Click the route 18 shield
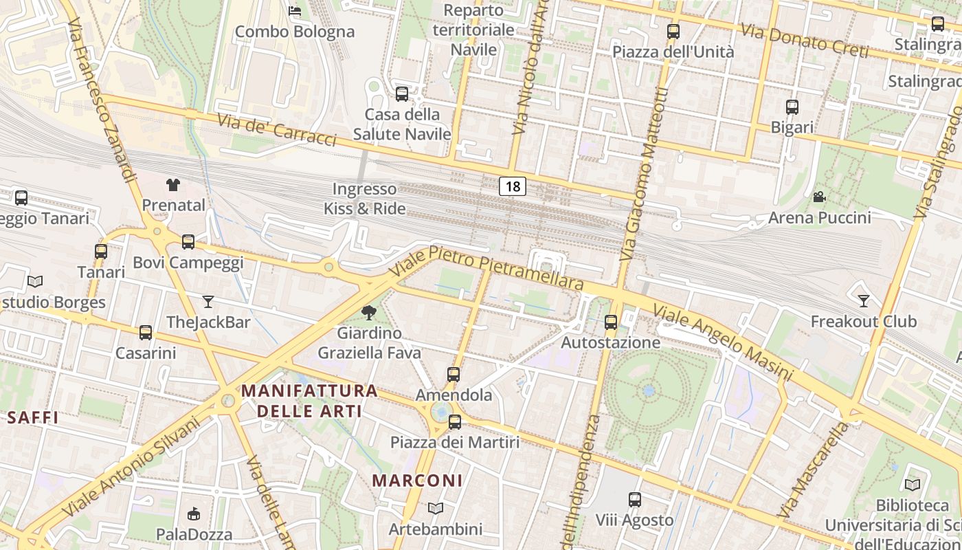pos(513,186)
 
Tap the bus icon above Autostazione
pos(610,322)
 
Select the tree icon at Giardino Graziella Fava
pos(369,313)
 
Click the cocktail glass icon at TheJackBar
pos(208,301)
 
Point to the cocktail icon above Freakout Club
pos(864,300)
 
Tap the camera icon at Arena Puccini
pos(819,197)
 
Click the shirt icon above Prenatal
pos(173,184)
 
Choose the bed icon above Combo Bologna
pos(295,11)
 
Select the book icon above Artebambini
pos(435,509)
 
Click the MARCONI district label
pos(418,480)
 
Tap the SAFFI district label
pos(32,417)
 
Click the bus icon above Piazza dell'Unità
pos(673,31)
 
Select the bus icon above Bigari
pos(792,107)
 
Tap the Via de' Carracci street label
pos(277,129)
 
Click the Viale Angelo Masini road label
pos(723,342)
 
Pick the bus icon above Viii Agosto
pos(635,500)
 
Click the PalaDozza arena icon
pos(194,514)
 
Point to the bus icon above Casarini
pos(145,333)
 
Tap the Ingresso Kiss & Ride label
pos(365,199)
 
